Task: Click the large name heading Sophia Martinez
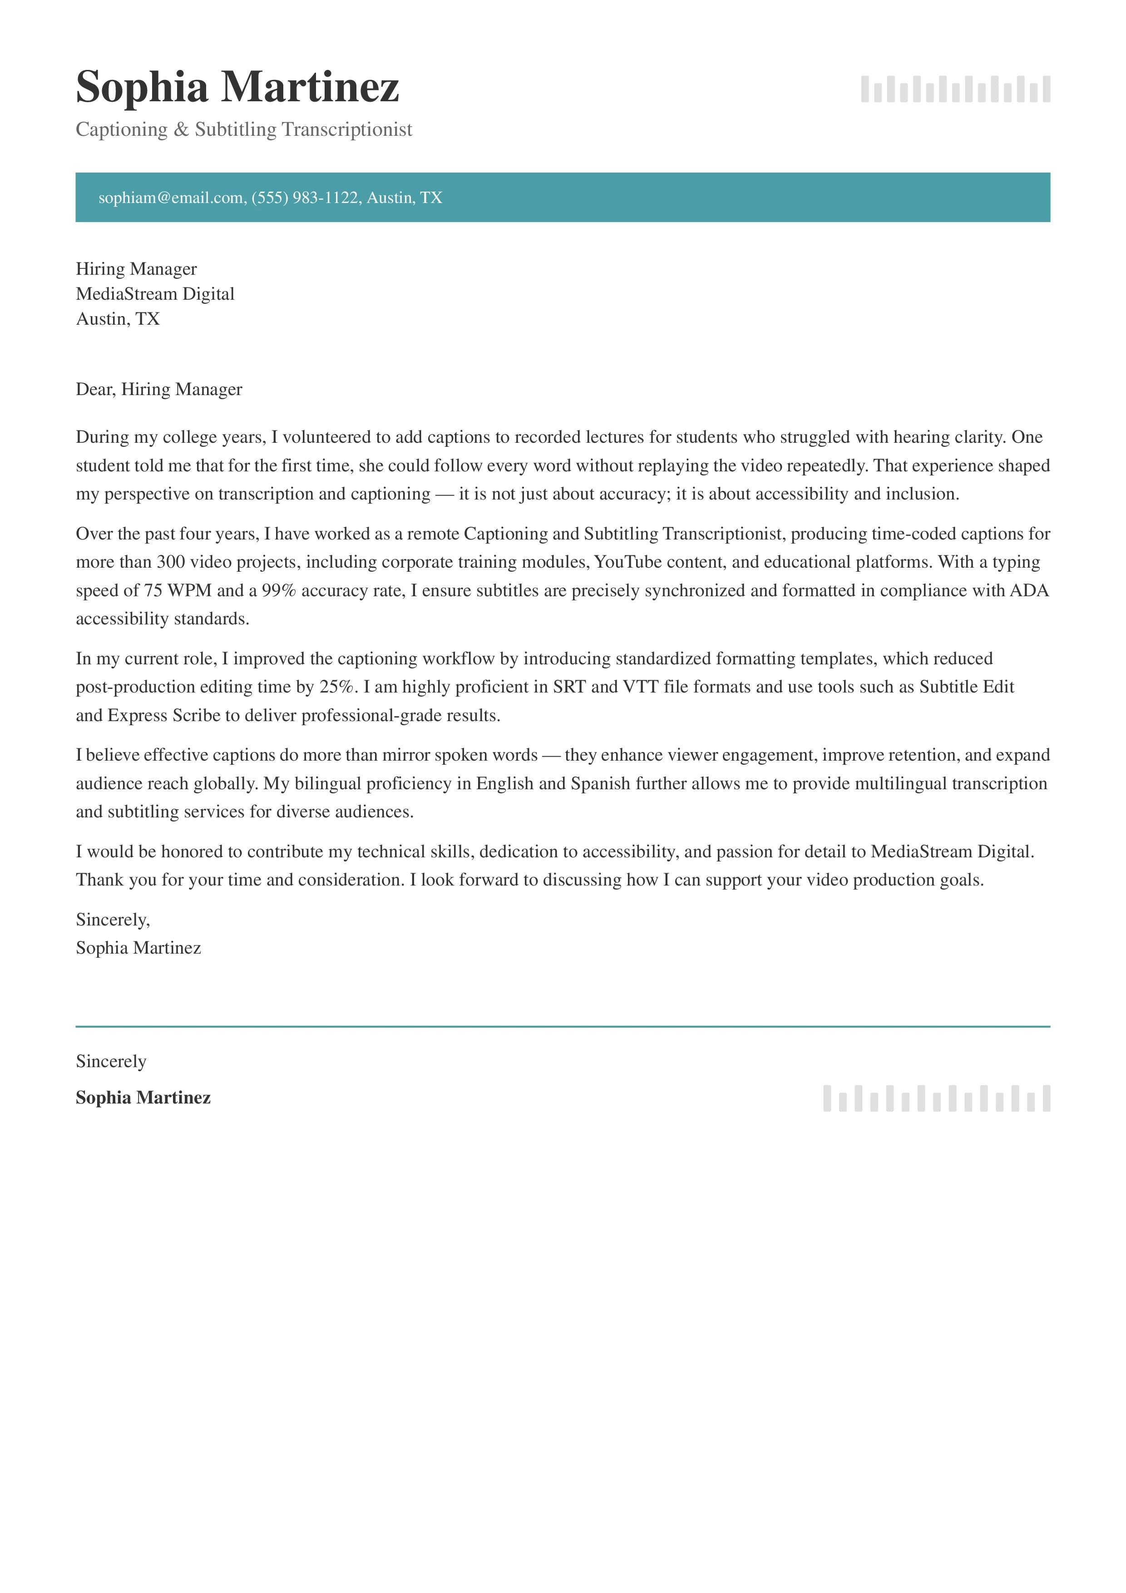pyautogui.click(x=237, y=88)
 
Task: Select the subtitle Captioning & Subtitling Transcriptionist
pyautogui.click(x=243, y=130)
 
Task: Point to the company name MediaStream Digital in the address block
pyautogui.click(x=155, y=294)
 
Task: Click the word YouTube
pyautogui.click(x=628, y=562)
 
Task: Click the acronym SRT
pyautogui.click(x=569, y=687)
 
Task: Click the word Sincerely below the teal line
pyautogui.click(x=111, y=1062)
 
